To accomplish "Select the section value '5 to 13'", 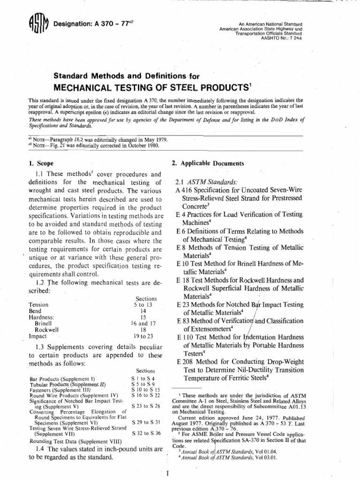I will pos(145,304).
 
